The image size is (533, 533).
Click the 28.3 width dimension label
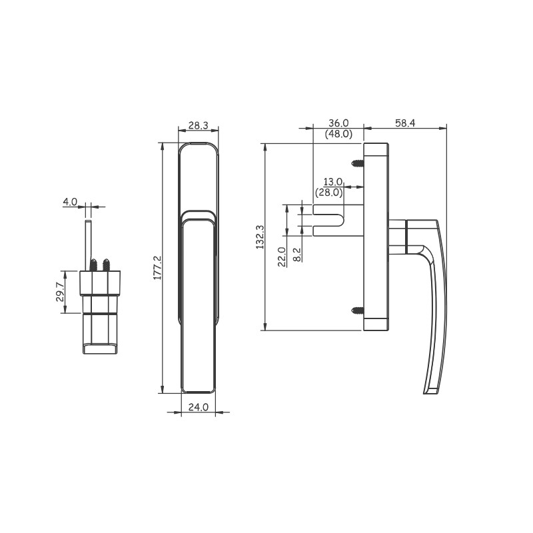[198, 125]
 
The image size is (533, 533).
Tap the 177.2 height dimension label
[157, 268]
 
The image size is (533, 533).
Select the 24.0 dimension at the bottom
[198, 407]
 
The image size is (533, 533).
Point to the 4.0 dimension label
[70, 202]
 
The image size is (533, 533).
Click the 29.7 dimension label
[60, 292]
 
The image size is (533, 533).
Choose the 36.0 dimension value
[338, 123]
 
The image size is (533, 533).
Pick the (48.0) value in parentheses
[338, 134]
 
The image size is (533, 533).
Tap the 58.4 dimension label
[405, 123]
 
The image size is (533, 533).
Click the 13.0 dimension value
[332, 182]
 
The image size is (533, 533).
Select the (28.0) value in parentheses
[328, 193]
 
